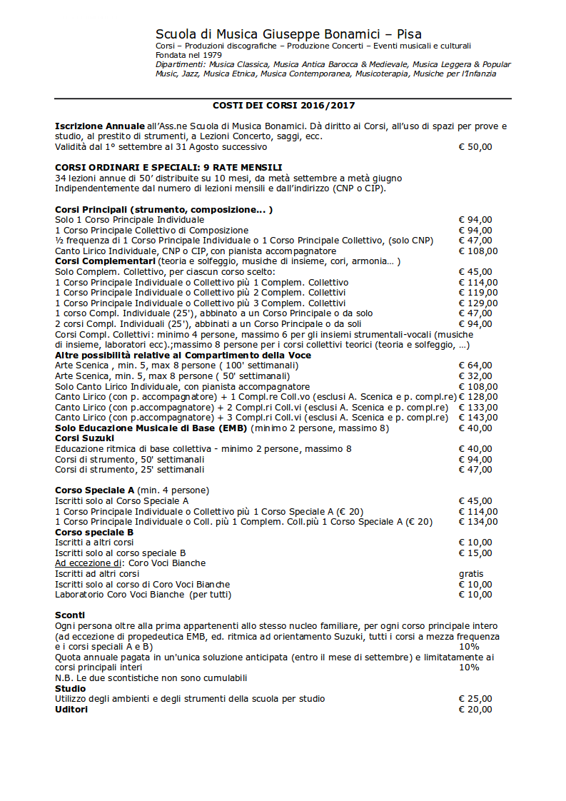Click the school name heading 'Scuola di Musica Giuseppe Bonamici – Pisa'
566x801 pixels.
(x=288, y=34)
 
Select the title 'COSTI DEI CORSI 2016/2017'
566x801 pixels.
(x=283, y=105)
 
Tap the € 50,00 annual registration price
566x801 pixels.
(x=475, y=147)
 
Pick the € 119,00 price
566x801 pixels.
(x=477, y=293)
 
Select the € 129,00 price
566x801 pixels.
(x=477, y=303)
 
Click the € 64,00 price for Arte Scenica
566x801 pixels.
(x=475, y=366)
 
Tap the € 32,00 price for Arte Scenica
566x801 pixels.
(x=475, y=376)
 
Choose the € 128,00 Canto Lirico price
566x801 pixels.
(x=477, y=397)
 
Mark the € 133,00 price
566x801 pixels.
(x=477, y=407)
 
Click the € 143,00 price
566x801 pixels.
(x=477, y=418)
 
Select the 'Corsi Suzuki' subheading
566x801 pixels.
(x=84, y=438)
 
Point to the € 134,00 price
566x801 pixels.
(x=477, y=522)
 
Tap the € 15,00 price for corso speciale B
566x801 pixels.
(x=475, y=553)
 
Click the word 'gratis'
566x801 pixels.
(x=470, y=573)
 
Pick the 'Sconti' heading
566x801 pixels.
(x=70, y=615)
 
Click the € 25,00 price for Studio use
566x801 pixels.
(x=475, y=698)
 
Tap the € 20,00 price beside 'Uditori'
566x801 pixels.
(x=475, y=709)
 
